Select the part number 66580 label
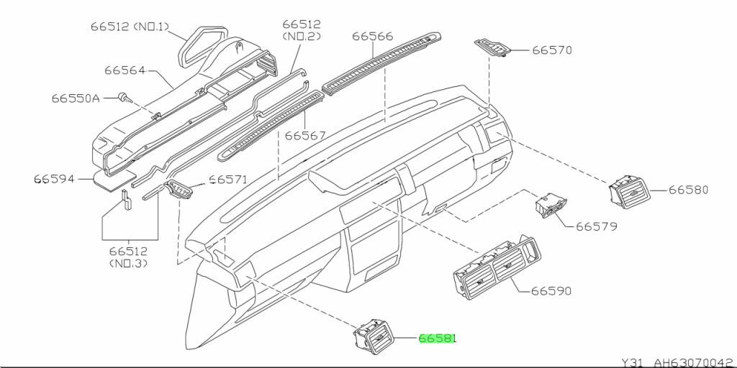tap(688, 190)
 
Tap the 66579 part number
tap(596, 226)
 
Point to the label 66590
tap(551, 291)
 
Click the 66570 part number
tap(552, 50)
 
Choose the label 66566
tap(373, 36)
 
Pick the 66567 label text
tap(305, 135)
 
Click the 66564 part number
tap(125, 70)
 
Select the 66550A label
tap(76, 97)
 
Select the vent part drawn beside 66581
tap(372, 336)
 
